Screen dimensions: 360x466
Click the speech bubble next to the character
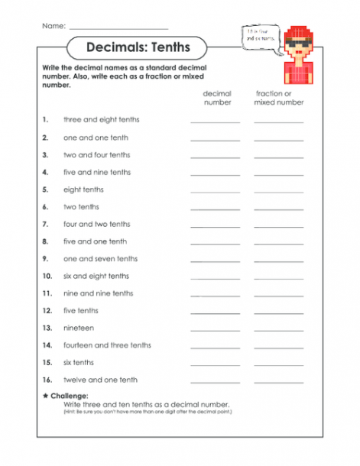pyautogui.click(x=260, y=35)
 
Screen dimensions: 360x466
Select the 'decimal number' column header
pyautogui.click(x=217, y=98)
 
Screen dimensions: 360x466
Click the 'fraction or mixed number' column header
pyautogui.click(x=278, y=98)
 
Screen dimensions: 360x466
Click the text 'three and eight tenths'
pyautogui.click(x=102, y=120)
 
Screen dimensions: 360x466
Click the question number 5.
pyautogui.click(x=46, y=189)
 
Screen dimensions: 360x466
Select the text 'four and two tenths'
pyautogui.click(x=97, y=225)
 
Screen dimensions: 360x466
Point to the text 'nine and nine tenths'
pyautogui.click(x=98, y=293)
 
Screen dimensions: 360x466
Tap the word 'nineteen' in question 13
pyautogui.click(x=79, y=328)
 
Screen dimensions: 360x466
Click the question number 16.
pyautogui.click(x=47, y=380)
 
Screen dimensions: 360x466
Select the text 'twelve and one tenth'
pyautogui.click(x=100, y=380)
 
